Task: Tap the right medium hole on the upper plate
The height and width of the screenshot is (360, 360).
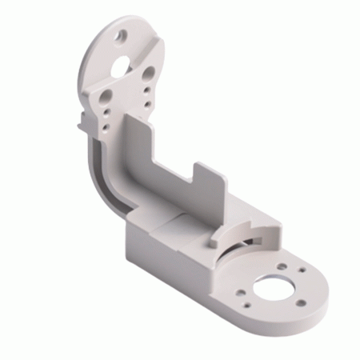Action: (149, 74)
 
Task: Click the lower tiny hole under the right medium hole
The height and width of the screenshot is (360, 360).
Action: (145, 99)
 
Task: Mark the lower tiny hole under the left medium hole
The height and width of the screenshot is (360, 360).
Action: (106, 121)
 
